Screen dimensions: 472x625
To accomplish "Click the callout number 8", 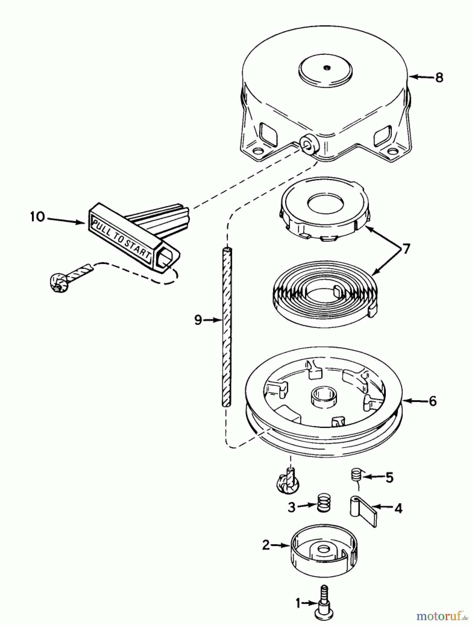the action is coord(439,77).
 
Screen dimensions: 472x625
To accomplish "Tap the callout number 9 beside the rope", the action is coord(198,320).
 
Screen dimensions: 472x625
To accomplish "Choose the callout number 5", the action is coord(389,478).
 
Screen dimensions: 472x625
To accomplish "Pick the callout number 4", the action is coord(398,509).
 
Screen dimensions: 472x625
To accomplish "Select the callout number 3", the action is coord(291,507).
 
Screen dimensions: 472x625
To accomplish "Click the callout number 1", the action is coord(298,603).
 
